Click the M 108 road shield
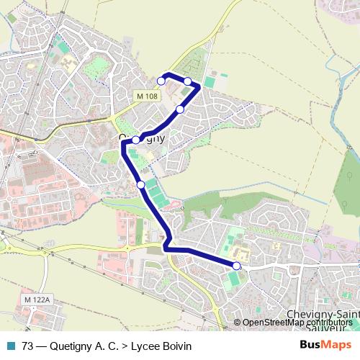pos(145,96)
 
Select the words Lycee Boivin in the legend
pos(161,346)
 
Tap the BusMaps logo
pos(325,346)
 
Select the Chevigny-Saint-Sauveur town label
pos(323,316)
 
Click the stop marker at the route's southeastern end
pos(236,266)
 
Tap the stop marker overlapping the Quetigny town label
pos(135,140)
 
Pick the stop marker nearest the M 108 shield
pos(161,81)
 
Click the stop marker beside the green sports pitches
pos(141,185)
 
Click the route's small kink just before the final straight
pos(168,248)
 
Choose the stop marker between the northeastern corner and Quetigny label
pos(180,109)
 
